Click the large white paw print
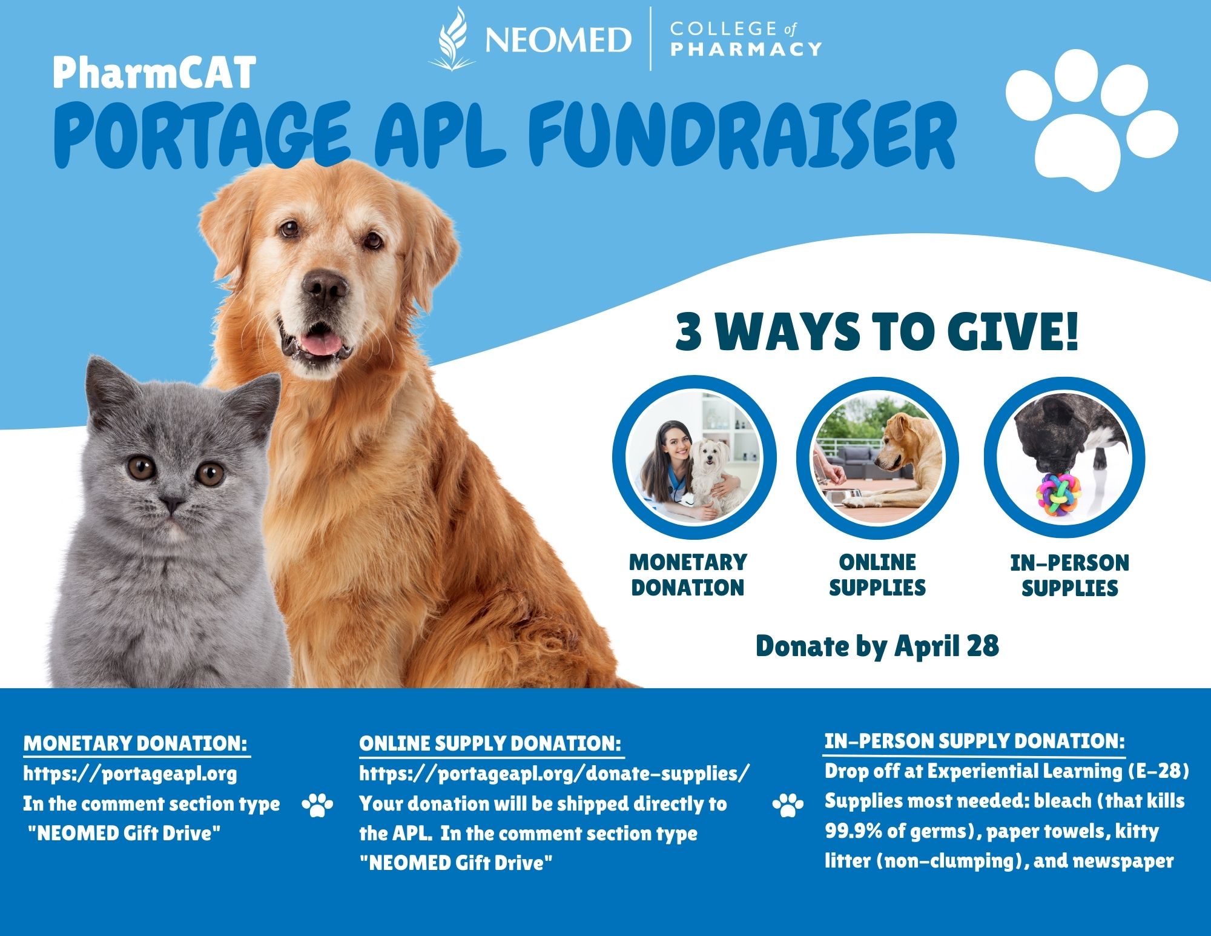[x=1091, y=121]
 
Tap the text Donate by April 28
[x=877, y=646]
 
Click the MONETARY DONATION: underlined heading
[x=136, y=743]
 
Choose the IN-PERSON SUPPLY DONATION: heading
[x=974, y=741]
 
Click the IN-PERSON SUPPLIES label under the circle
[x=1069, y=576]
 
